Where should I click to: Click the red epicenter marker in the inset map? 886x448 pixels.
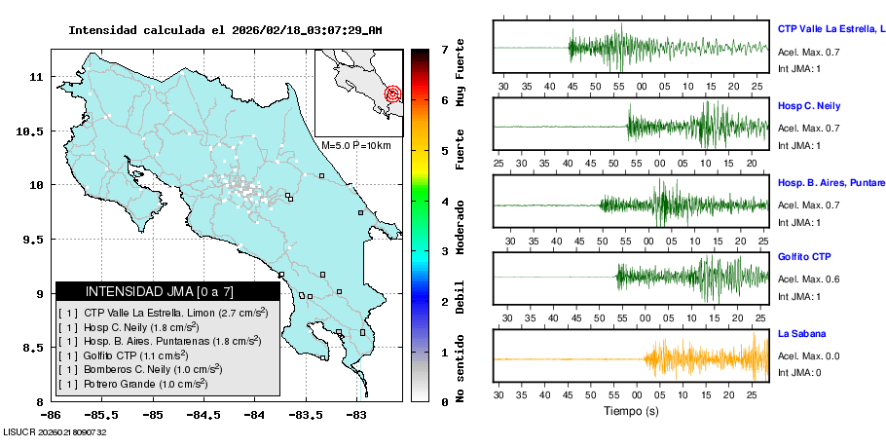(x=392, y=94)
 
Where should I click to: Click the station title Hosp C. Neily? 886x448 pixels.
(x=808, y=105)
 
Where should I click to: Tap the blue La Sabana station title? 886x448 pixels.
(x=800, y=334)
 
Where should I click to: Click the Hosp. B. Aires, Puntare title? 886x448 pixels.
(x=831, y=182)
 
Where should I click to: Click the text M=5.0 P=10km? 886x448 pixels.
(x=355, y=145)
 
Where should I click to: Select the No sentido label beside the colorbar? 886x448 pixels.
(x=460, y=371)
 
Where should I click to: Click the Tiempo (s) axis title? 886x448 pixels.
(x=631, y=410)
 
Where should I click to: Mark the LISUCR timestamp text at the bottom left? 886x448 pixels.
(x=55, y=431)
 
